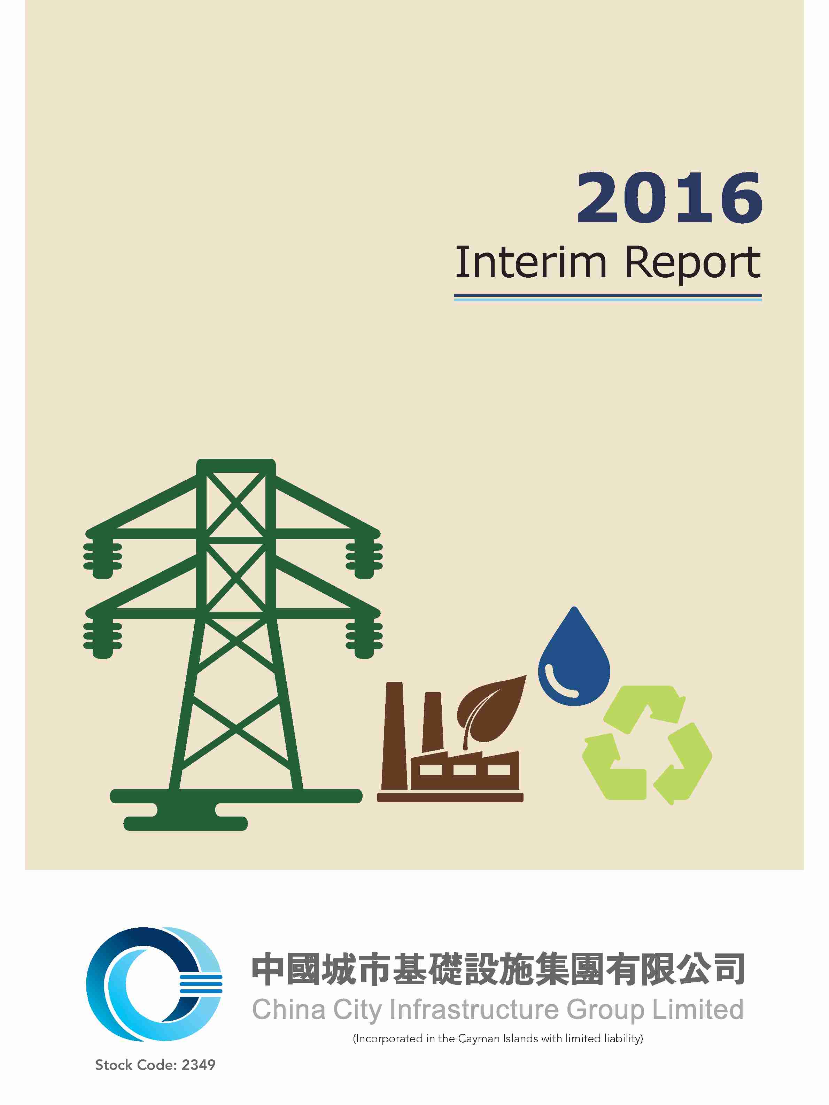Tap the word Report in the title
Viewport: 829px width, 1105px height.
693,263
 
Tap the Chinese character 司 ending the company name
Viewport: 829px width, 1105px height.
729,968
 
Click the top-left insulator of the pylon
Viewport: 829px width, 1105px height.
102,555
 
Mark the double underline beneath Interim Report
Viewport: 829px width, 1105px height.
608,298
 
